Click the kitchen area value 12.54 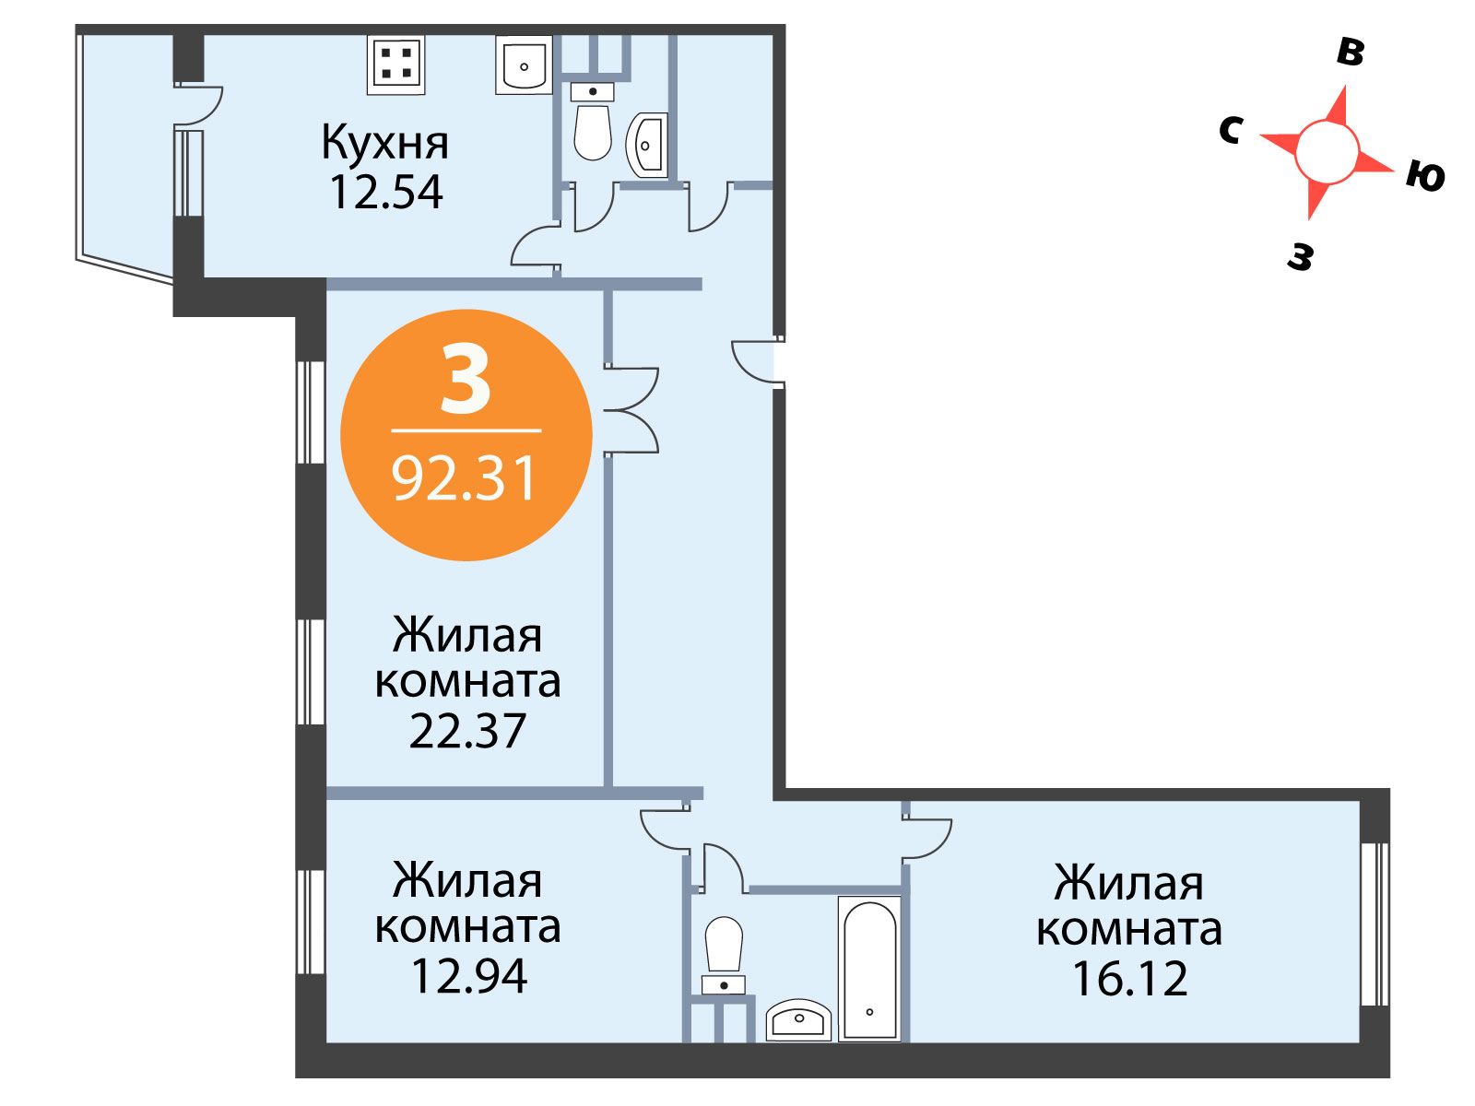385,192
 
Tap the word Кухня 384,142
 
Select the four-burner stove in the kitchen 395,64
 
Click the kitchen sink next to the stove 524,65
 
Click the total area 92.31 465,478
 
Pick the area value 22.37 467,731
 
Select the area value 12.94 469,976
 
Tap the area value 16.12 1129,979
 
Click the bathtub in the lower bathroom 869,969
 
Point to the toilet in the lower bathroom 724,955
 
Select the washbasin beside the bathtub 798,1020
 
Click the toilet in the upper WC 592,122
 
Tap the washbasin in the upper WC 646,145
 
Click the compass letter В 1350,52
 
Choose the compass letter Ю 1425,176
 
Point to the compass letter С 1231,130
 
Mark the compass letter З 1300,256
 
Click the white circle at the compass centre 1327,152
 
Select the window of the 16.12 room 1375,924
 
